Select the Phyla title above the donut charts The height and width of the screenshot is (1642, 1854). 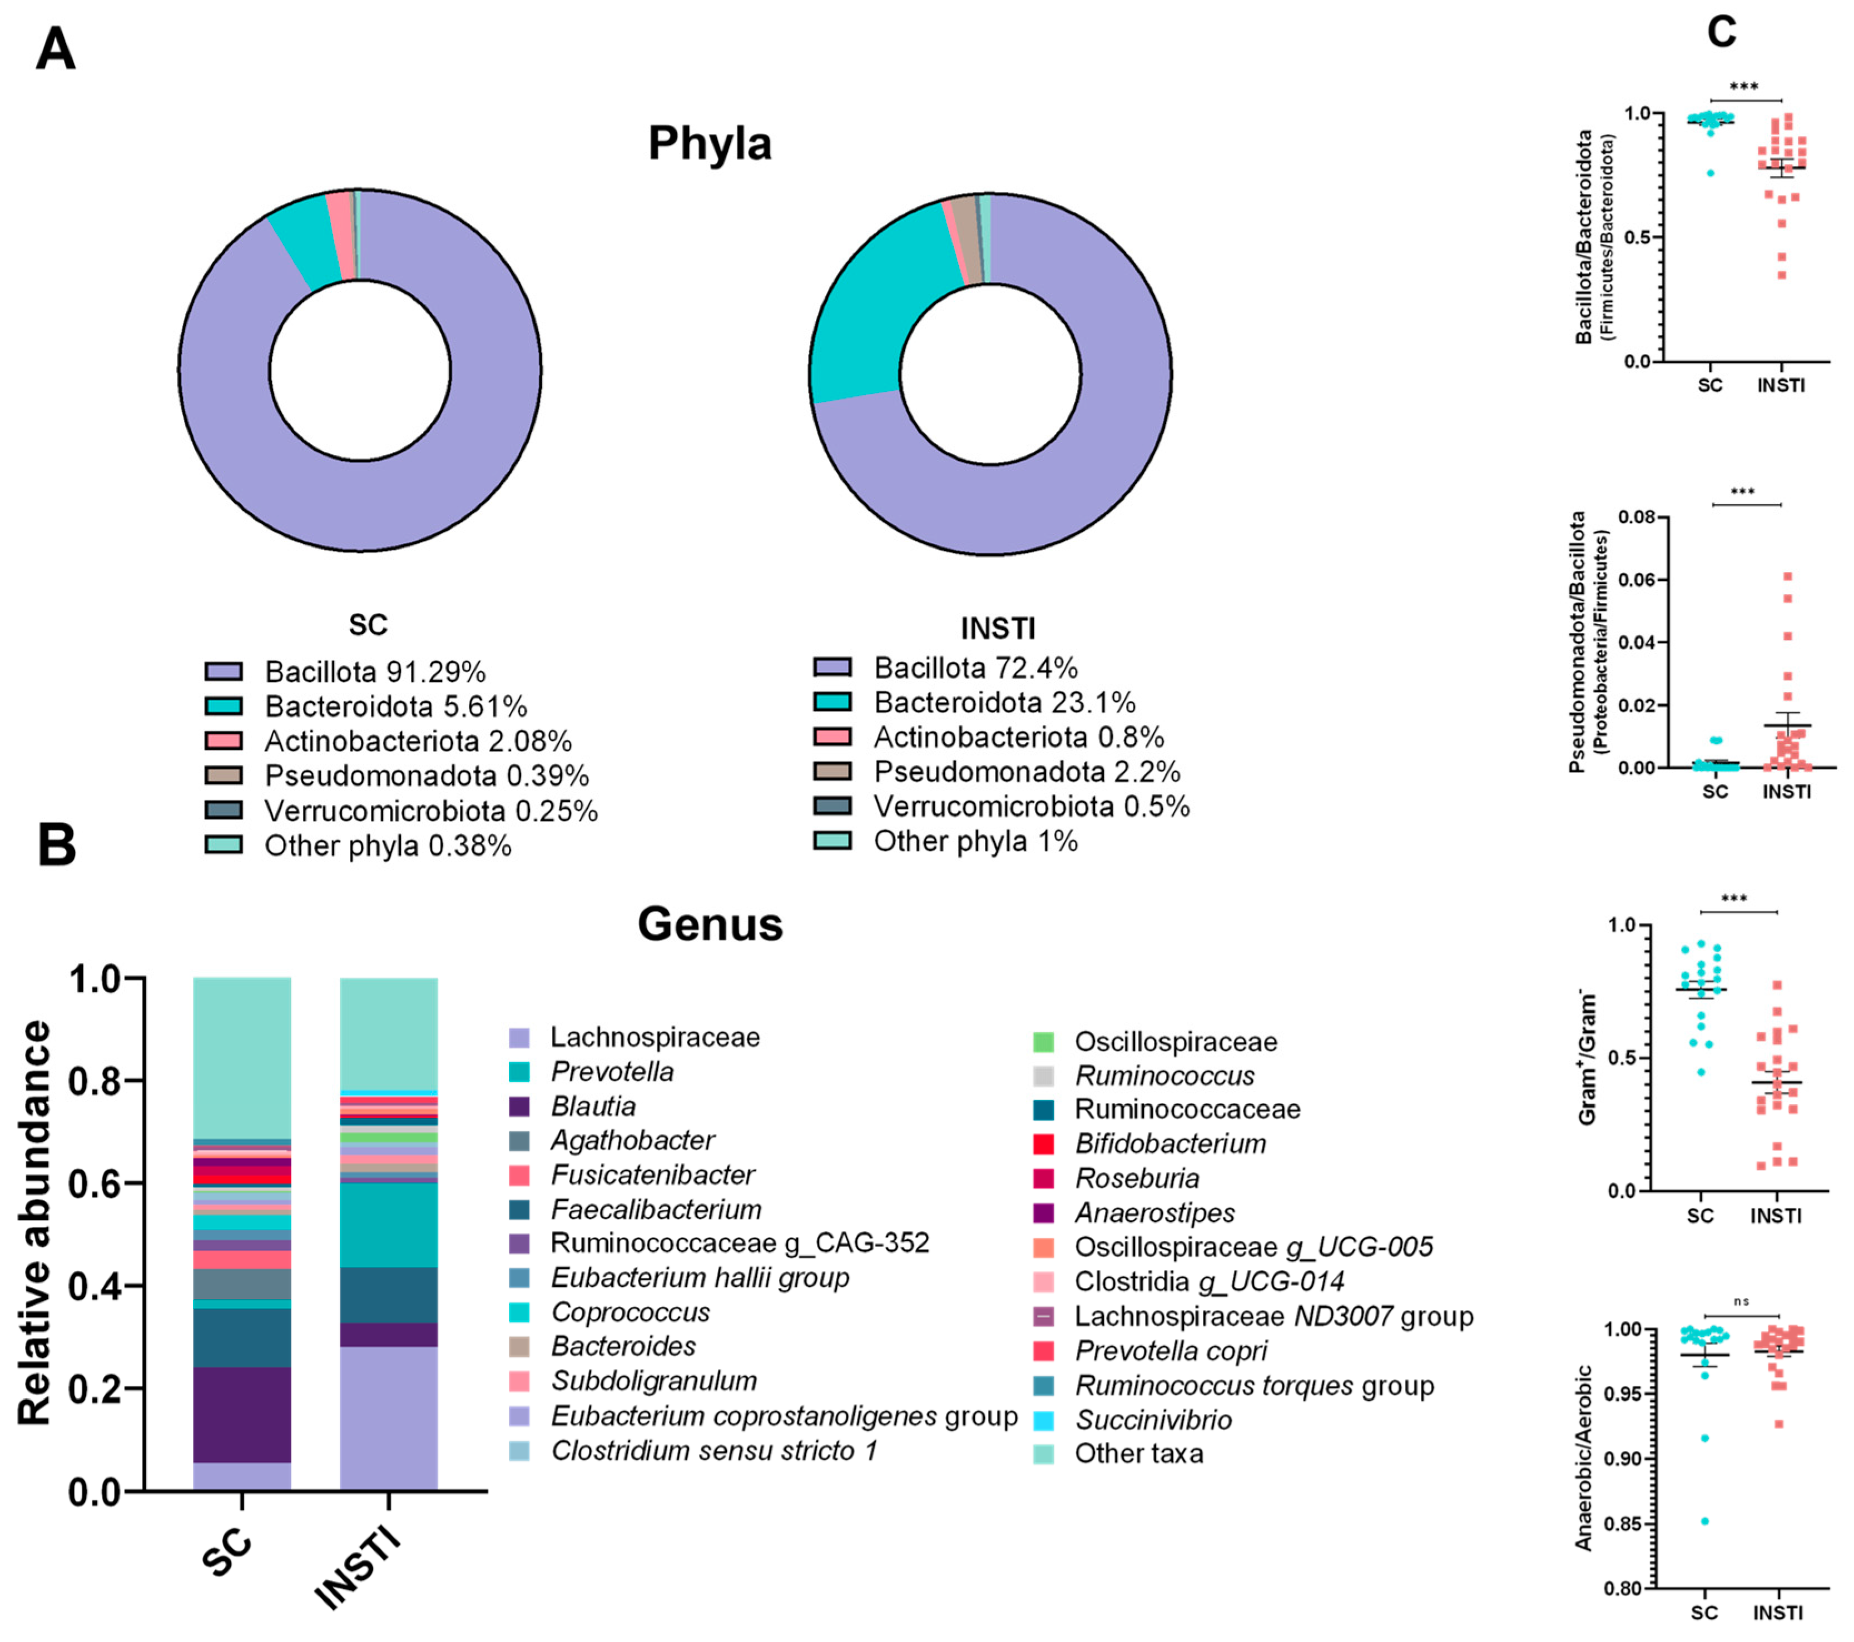point(710,143)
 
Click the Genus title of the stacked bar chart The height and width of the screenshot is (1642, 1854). point(710,924)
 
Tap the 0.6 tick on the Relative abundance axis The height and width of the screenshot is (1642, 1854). point(100,1183)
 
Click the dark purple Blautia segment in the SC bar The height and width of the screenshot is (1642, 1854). point(242,1415)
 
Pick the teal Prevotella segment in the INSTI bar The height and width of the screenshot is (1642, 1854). point(388,1224)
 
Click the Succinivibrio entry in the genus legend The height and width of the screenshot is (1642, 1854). point(1153,1419)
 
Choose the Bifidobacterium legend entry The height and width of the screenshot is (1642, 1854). point(1170,1143)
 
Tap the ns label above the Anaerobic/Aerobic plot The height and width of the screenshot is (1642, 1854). point(1741,1301)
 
